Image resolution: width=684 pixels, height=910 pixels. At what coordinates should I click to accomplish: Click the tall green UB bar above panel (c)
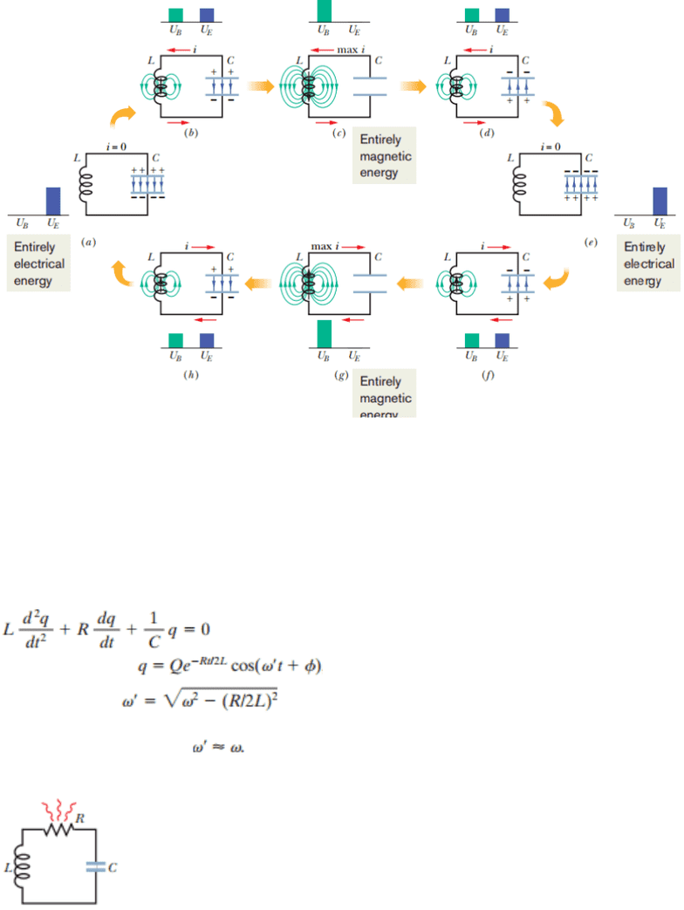tap(324, 11)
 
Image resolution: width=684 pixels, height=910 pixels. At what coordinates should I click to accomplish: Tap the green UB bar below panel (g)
tap(324, 333)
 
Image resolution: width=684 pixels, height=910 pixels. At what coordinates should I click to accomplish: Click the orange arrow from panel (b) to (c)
tap(260, 86)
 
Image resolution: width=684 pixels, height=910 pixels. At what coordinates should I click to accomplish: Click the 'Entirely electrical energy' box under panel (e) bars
tap(648, 264)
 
